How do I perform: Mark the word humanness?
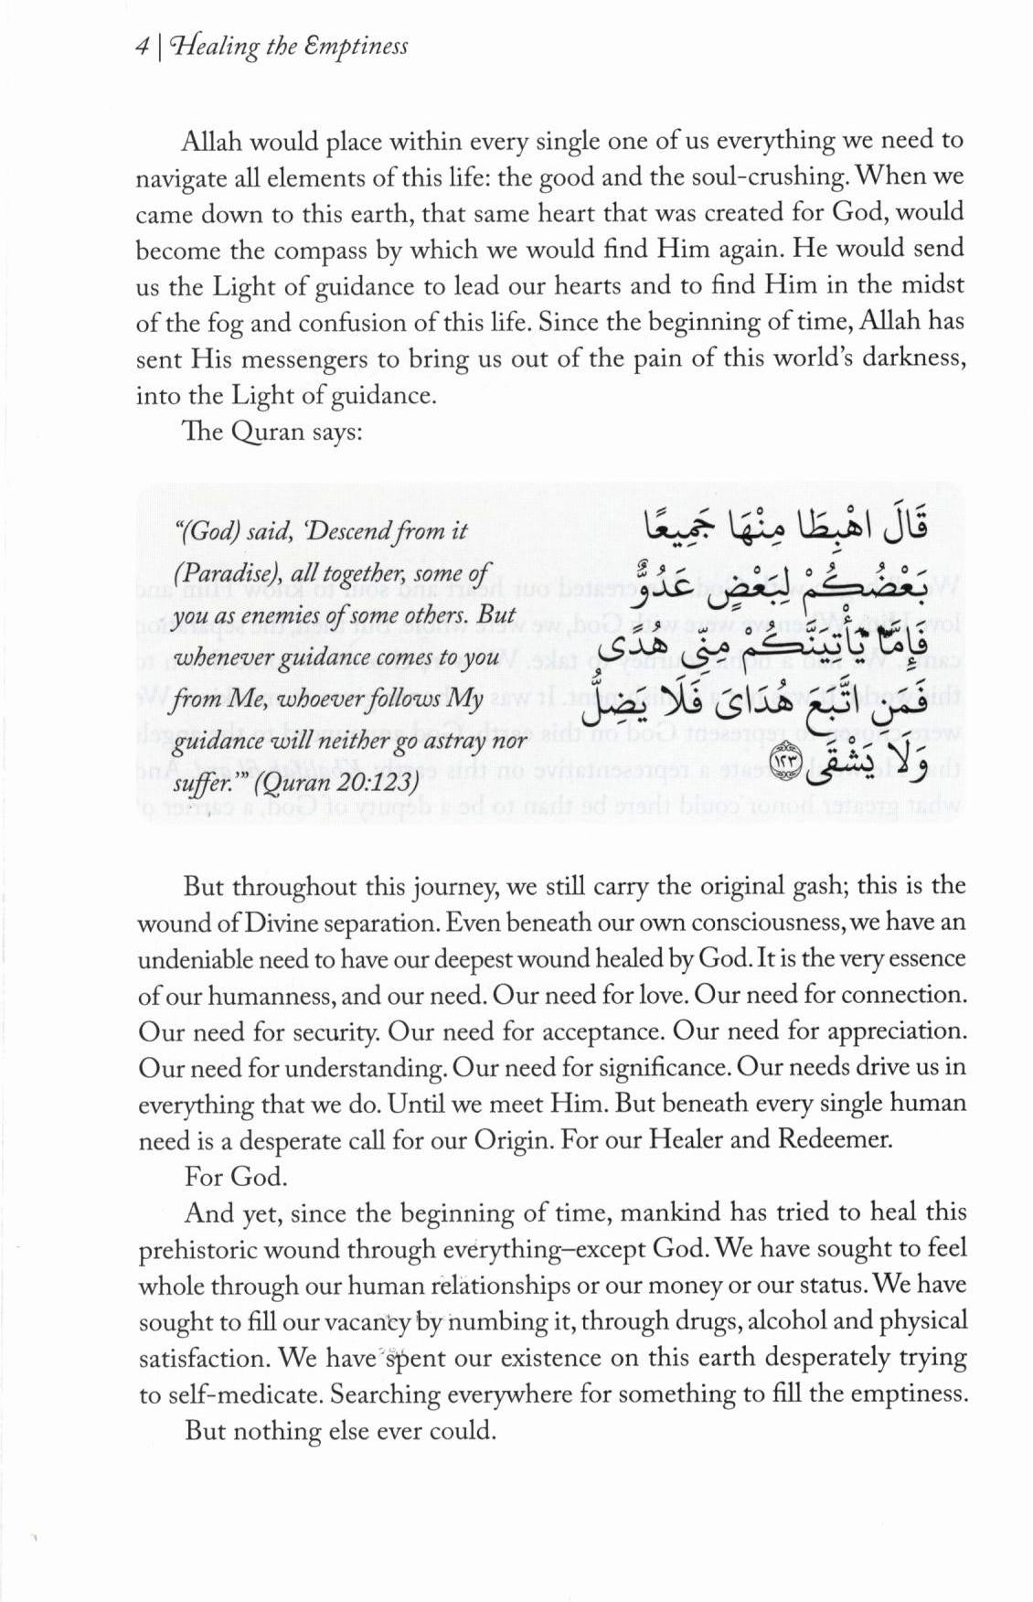point(267,996)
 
